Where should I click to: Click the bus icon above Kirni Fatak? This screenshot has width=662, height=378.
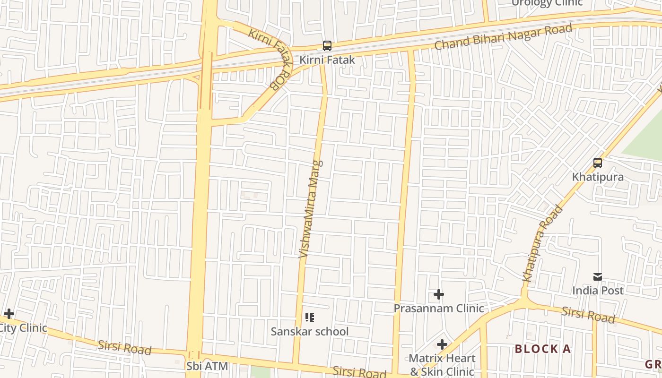coord(327,46)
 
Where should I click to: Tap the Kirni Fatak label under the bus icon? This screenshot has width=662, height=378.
coord(327,60)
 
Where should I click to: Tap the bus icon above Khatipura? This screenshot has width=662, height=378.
coord(598,163)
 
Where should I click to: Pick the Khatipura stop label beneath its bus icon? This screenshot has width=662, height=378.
coord(598,177)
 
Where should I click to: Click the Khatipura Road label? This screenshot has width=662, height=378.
coord(543,243)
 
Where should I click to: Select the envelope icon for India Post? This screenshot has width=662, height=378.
coord(598,277)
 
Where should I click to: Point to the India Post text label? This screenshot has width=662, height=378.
coord(598,290)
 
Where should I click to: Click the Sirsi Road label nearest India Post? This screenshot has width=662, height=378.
coord(588,314)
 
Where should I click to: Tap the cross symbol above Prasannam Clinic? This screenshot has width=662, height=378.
coord(439,295)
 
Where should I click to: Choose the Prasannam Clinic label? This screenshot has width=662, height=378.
coord(439,308)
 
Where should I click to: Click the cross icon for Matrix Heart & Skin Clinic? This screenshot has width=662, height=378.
coord(442,345)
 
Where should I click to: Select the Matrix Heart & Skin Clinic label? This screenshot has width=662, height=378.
coord(442,365)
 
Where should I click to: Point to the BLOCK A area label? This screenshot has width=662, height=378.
coord(543,349)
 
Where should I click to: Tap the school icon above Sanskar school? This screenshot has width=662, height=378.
coord(310,318)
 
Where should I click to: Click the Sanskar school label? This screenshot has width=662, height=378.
coord(310,331)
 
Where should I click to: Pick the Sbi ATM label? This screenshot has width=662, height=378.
coord(207,366)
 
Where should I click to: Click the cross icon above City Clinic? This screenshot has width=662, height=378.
coord(9,314)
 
